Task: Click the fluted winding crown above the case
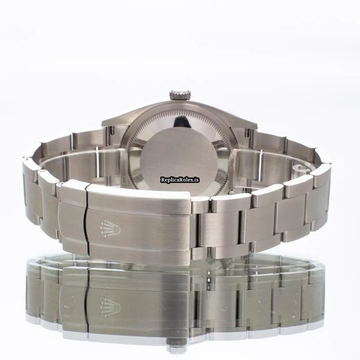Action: tap(180, 95)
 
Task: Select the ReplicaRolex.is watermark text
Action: tap(180, 180)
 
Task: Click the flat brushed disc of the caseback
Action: tap(179, 161)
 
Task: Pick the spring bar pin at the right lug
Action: tap(247, 132)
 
